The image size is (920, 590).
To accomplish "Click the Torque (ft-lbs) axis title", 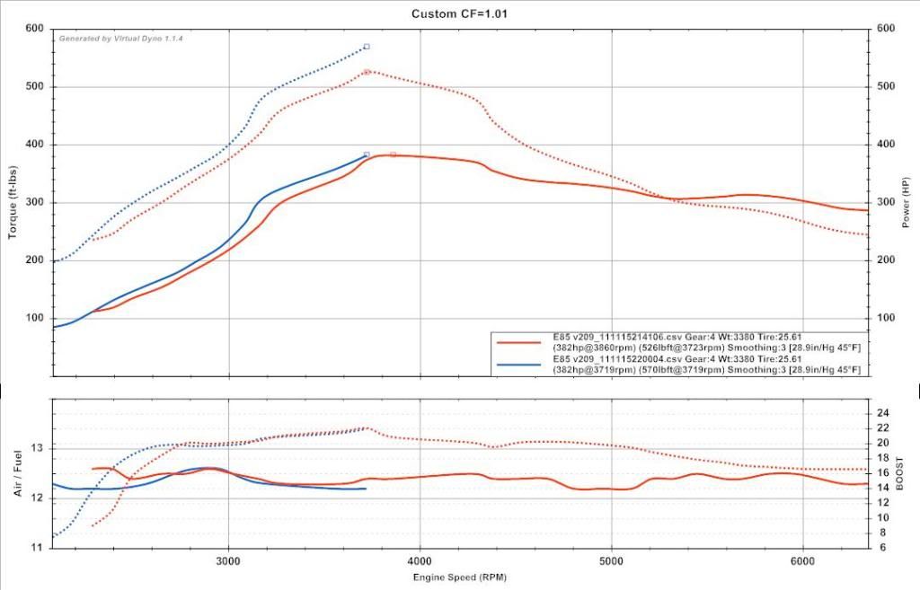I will coord(13,202).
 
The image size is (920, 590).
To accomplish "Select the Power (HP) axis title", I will coord(907,203).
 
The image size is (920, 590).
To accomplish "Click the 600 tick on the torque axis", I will coord(34,29).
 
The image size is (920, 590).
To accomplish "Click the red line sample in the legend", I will coord(517,342).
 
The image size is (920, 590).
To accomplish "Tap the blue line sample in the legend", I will coord(517,364).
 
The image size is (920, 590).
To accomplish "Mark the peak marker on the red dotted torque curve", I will coord(367,72).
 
